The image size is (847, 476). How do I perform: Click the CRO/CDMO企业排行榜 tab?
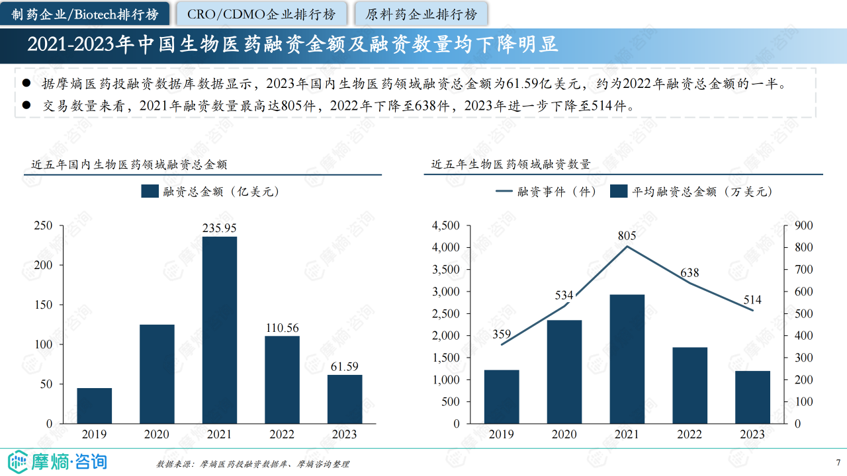[x=261, y=14]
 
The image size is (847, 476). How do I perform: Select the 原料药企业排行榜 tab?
[x=421, y=14]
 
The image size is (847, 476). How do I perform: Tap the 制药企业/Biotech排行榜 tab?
[x=85, y=14]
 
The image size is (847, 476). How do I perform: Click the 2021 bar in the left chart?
[x=219, y=329]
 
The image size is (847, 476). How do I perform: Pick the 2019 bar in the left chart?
[x=94, y=405]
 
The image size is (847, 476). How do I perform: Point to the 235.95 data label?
[x=219, y=228]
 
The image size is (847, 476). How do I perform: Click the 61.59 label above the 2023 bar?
[x=345, y=366]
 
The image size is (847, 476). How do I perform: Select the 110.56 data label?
[x=282, y=328]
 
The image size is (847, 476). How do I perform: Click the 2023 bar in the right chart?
[x=752, y=397]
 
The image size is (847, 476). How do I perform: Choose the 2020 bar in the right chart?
[x=564, y=372]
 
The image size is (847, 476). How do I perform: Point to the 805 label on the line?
[x=627, y=235]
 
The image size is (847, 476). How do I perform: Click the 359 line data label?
[x=502, y=335]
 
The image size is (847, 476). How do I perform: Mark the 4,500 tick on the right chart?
[x=445, y=225]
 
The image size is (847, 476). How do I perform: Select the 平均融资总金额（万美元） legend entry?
[x=691, y=192]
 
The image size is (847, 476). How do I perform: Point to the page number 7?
[x=838, y=462]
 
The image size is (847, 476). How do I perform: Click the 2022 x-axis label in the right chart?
[x=690, y=434]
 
